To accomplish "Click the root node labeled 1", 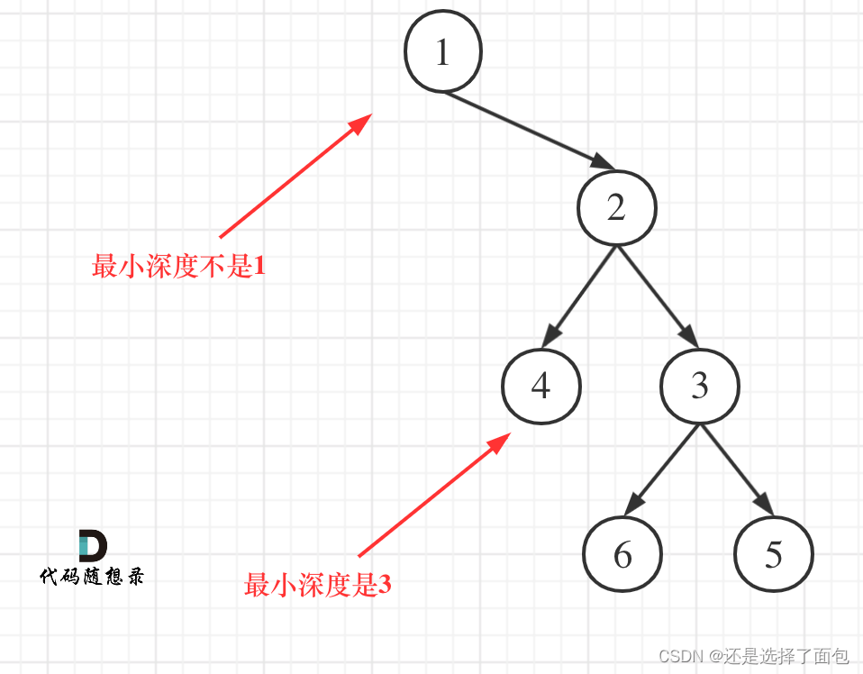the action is (442, 52).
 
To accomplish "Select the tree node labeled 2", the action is (616, 208).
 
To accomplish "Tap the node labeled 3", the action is (700, 386).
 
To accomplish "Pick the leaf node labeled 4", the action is (541, 387).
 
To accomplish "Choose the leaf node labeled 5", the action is (773, 554).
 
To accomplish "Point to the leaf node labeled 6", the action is (622, 554).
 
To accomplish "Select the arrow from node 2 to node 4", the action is (579, 297).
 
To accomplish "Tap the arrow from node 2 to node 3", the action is (658, 297).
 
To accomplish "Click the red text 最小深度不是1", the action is (178, 266).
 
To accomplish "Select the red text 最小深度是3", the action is (317, 586).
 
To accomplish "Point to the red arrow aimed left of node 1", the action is (295, 176).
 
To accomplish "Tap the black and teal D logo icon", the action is (92, 546).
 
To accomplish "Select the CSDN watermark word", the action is (680, 656).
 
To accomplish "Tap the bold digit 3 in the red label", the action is (385, 586).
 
